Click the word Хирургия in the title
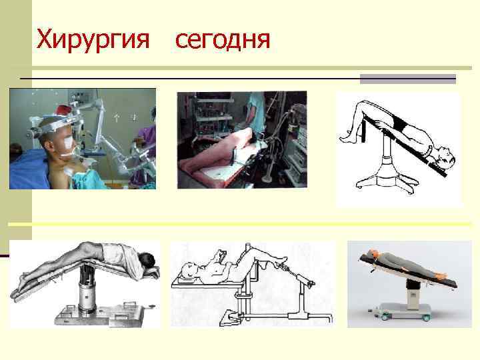tap(93, 39)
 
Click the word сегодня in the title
tap(223, 40)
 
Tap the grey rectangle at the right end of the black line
tap(408, 79)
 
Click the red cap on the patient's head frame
tap(64, 109)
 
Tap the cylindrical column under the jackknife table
tap(87, 288)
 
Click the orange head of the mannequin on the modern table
tap(372, 254)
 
